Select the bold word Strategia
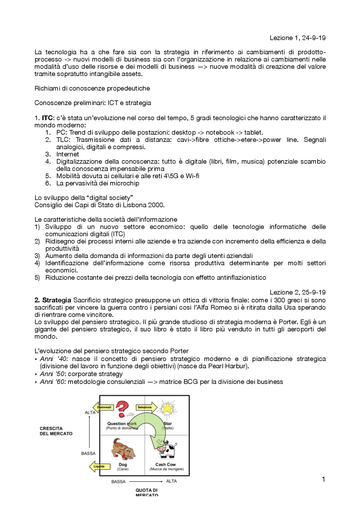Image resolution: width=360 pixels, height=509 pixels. (57, 300)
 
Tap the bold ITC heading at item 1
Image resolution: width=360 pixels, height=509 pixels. (47, 118)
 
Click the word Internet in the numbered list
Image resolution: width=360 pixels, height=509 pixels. (67, 154)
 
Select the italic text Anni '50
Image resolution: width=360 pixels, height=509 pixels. (52, 374)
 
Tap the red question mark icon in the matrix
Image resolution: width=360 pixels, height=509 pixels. (122, 409)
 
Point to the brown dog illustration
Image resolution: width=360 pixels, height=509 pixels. (123, 449)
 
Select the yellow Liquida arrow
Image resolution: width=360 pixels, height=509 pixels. (97, 467)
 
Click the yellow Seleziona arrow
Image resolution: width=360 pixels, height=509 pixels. (146, 407)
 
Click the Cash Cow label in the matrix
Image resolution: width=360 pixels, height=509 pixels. (165, 465)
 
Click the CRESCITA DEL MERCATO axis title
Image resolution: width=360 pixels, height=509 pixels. (56, 431)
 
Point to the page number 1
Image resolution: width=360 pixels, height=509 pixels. (323, 479)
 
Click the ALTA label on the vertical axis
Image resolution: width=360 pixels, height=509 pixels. (90, 413)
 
